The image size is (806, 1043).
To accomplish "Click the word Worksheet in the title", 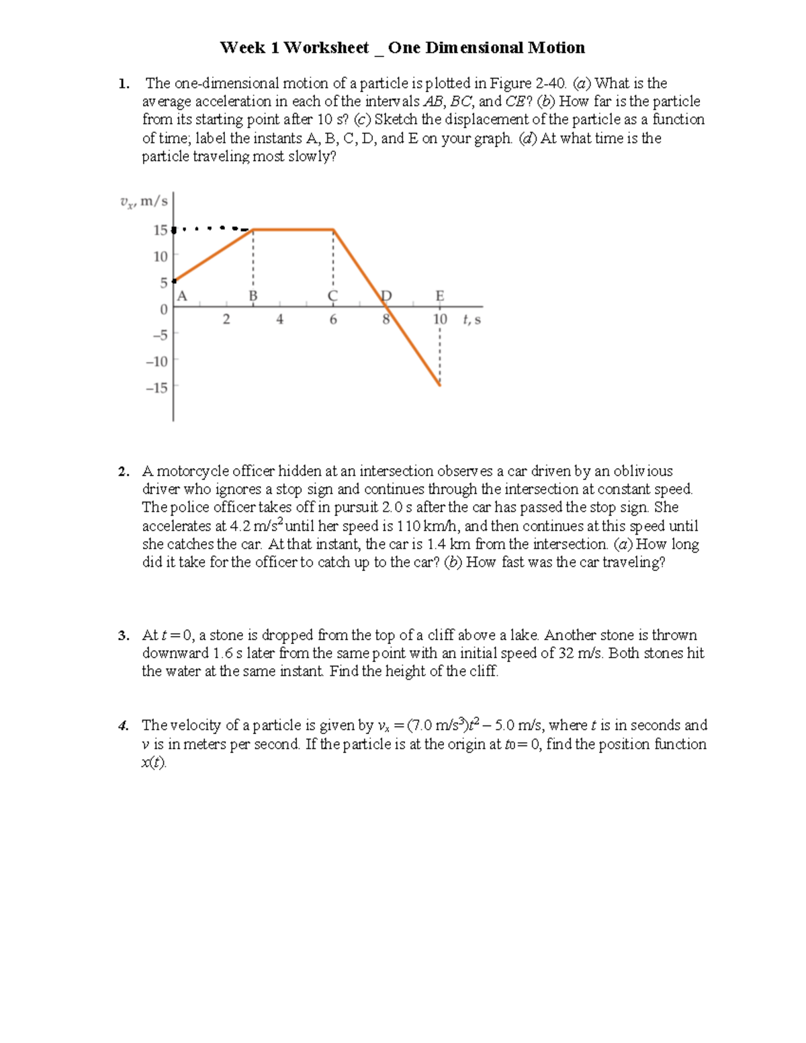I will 326,48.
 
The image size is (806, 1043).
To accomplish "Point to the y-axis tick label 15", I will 160,230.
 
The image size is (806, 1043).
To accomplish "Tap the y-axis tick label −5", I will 160,335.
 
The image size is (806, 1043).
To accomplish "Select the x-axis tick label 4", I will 279,320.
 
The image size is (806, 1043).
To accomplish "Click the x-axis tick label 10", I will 440,320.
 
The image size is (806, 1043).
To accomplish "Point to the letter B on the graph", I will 253,296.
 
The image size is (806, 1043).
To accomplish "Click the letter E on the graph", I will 440,296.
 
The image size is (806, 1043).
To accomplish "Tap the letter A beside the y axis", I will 182,296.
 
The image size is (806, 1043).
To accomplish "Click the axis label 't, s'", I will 472,320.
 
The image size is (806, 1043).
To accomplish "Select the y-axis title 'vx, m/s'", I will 143,201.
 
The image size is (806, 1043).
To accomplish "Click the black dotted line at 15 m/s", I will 212,229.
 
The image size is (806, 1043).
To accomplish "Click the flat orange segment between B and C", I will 293,230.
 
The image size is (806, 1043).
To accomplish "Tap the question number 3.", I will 123,635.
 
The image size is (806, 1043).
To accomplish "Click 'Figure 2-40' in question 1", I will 528,83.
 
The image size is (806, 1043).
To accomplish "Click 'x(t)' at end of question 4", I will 153,762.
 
